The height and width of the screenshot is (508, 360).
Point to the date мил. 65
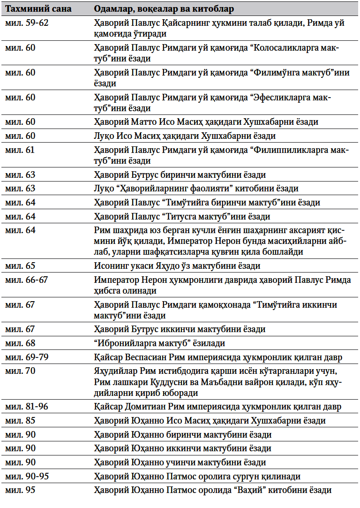click(20, 266)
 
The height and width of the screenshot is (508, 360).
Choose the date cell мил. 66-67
click(26, 280)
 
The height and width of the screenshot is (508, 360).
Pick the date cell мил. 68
click(20, 343)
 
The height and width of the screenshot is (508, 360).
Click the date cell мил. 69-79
click(26, 357)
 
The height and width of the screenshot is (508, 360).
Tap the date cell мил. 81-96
click(26, 406)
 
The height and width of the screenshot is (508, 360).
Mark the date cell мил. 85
click(20, 420)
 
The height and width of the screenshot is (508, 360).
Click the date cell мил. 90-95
click(26, 477)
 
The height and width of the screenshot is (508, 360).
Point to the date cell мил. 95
click(20, 491)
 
